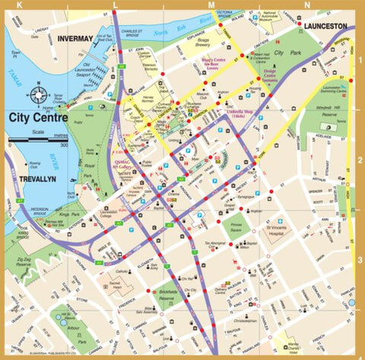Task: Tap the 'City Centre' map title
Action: (x=38, y=118)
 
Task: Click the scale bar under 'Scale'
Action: (x=38, y=141)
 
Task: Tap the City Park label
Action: (x=288, y=53)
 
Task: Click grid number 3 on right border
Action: (x=358, y=260)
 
